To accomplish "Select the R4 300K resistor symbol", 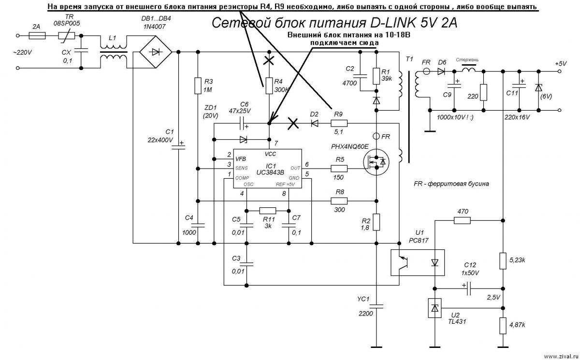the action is pyautogui.click(x=269, y=86).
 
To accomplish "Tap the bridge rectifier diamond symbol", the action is pyautogui.click(x=156, y=52).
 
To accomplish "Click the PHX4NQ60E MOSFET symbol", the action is pyautogui.click(x=376, y=162).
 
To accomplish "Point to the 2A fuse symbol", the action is pyautogui.click(x=37, y=35).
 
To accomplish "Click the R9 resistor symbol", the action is pyautogui.click(x=339, y=123).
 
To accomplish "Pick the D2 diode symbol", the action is pyautogui.click(x=314, y=123).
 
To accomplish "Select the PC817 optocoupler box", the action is pyautogui.click(x=418, y=262).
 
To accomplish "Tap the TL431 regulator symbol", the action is pyautogui.click(x=435, y=308).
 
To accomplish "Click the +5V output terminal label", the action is pyautogui.click(x=561, y=64).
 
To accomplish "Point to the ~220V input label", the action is pyautogui.click(x=22, y=53).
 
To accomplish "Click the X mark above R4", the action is pyautogui.click(x=269, y=61).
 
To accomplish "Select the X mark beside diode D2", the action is pyautogui.click(x=293, y=123).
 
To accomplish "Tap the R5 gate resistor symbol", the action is pyautogui.click(x=339, y=169).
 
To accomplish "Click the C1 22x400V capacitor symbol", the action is pyautogui.click(x=178, y=147).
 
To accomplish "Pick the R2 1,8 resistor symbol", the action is pyautogui.click(x=376, y=222).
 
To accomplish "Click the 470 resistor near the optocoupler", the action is pyautogui.click(x=462, y=220).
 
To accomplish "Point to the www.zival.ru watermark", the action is pyautogui.click(x=561, y=357).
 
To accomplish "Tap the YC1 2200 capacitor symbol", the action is pyautogui.click(x=376, y=306).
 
